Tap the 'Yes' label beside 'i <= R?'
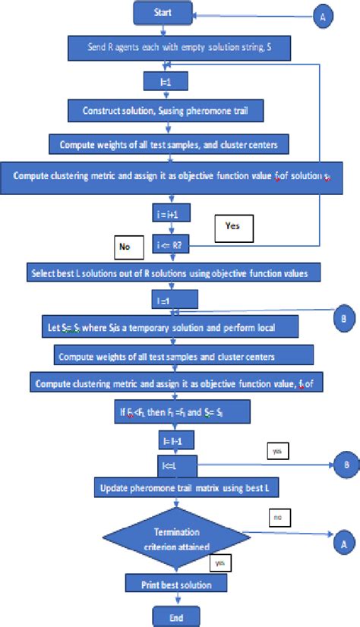pyautogui.click(x=232, y=225)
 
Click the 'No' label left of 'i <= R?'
pyautogui.click(x=124, y=246)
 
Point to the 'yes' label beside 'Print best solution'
pyautogui.click(x=220, y=563)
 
